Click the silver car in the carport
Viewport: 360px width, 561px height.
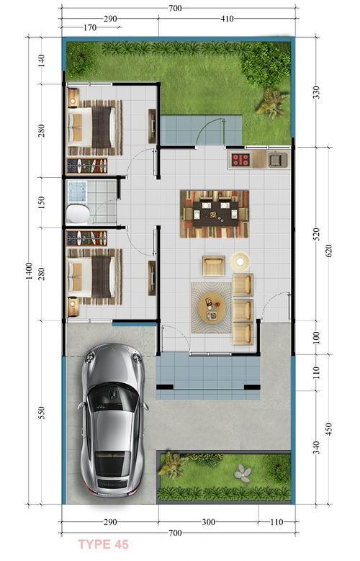[113, 422]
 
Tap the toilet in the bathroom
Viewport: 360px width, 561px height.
[77, 214]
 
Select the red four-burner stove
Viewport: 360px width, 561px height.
[240, 160]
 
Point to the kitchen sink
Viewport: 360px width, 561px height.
[277, 160]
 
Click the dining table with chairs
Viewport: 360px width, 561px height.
[215, 213]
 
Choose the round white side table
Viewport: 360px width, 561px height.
[240, 259]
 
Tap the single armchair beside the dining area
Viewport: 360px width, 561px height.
[213, 266]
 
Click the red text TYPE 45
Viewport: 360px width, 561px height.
[103, 544]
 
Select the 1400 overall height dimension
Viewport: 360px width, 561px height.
[28, 270]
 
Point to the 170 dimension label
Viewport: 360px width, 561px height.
[89, 29]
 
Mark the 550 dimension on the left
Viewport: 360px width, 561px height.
[42, 413]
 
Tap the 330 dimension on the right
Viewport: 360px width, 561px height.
[315, 92]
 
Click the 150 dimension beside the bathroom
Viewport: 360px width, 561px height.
[42, 202]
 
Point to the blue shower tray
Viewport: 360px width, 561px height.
[77, 190]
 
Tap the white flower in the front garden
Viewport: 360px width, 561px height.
[243, 473]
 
